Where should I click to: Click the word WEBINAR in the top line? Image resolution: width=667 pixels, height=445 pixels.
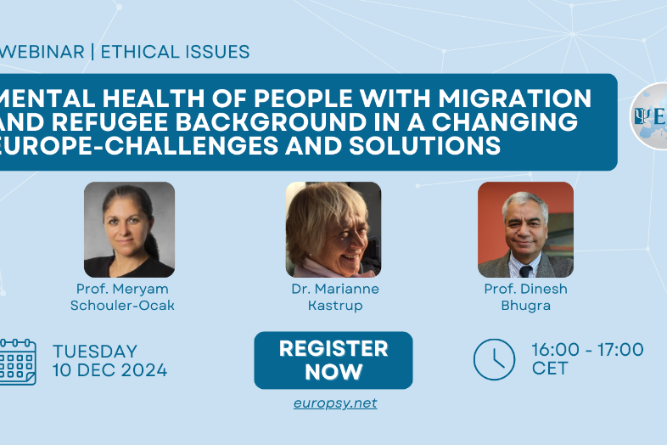point(42,52)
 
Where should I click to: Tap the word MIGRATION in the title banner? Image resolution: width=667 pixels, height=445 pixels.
point(515,98)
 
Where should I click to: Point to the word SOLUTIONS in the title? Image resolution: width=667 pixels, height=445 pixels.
point(424,145)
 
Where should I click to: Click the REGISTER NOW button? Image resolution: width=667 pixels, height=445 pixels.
point(333,360)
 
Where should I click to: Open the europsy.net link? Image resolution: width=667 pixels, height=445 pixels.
point(335,403)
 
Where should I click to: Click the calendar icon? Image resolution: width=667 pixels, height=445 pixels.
point(18,362)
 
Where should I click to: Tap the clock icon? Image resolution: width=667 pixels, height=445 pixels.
point(494,359)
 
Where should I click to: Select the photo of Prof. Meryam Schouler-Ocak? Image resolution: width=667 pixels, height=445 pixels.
point(129,229)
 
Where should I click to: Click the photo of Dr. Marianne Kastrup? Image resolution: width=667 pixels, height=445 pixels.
point(333,229)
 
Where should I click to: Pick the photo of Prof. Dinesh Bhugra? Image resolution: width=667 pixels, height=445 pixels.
point(526,229)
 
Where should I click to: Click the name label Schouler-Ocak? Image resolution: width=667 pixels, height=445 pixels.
point(122,306)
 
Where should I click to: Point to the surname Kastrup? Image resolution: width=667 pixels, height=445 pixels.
point(335,306)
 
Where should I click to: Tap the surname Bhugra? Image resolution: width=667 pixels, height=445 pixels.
point(526,306)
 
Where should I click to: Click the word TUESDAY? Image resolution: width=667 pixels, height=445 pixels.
point(95,352)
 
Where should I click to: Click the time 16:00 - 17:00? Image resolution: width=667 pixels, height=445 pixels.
point(588,350)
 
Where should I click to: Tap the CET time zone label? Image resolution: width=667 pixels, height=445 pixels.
point(550,369)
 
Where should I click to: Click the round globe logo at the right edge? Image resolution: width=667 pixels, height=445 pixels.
point(649,115)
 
